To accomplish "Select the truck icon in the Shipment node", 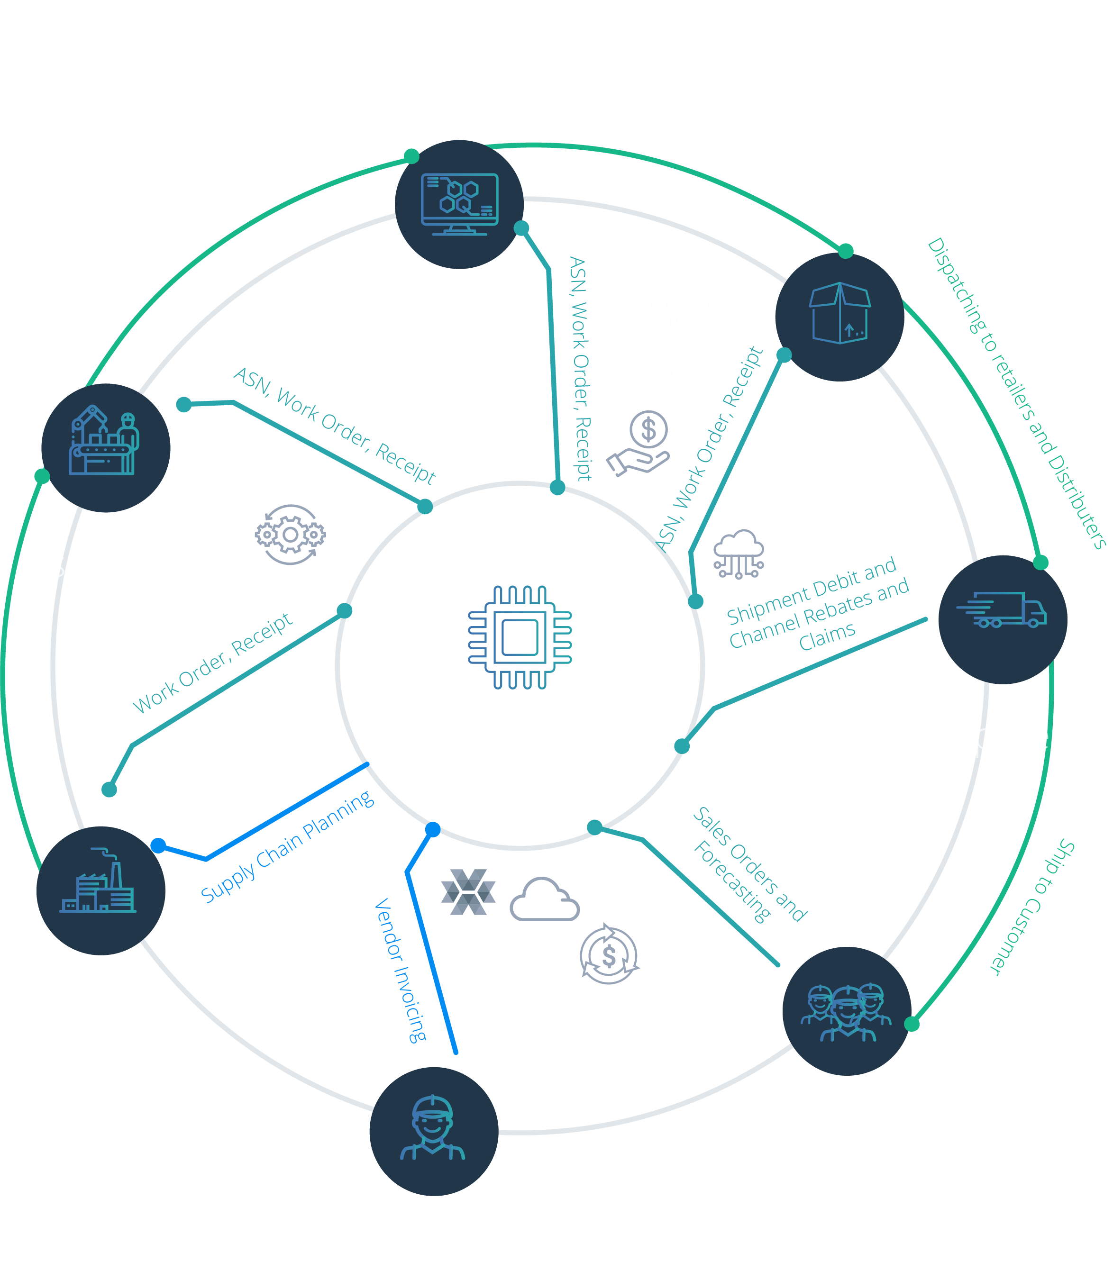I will (x=1001, y=610).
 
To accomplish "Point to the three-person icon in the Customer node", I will (x=846, y=1012).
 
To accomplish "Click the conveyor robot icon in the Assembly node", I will (x=104, y=440).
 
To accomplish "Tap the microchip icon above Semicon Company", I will (x=520, y=637).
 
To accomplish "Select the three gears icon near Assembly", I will (x=290, y=534).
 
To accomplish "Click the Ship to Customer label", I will (x=1032, y=907).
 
